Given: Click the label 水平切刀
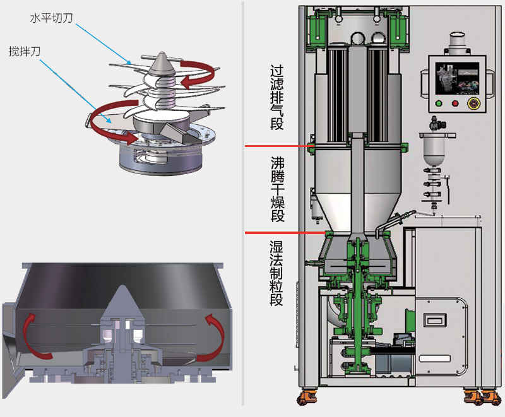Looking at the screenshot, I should [51, 18].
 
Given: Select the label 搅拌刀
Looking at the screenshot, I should [25, 50].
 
